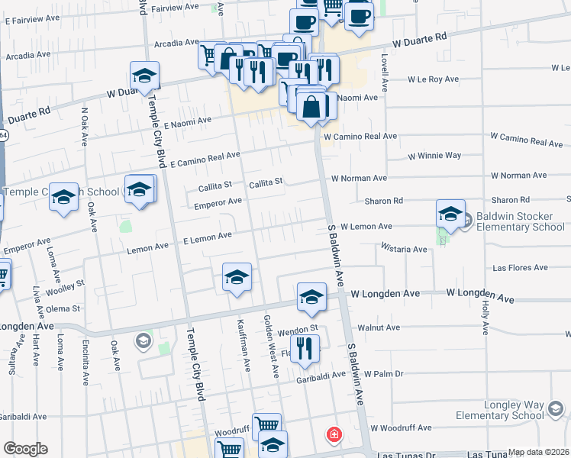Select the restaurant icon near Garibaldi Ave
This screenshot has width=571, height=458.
point(305,349)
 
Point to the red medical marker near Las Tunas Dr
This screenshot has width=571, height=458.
point(334,435)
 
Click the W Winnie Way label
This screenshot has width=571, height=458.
point(434,156)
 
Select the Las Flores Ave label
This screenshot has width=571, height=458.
point(521,268)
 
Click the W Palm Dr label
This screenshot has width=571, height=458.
point(383,374)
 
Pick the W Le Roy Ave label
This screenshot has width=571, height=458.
point(433,79)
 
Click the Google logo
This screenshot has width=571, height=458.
point(25,448)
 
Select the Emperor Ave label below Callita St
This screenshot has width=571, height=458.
point(218,202)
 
